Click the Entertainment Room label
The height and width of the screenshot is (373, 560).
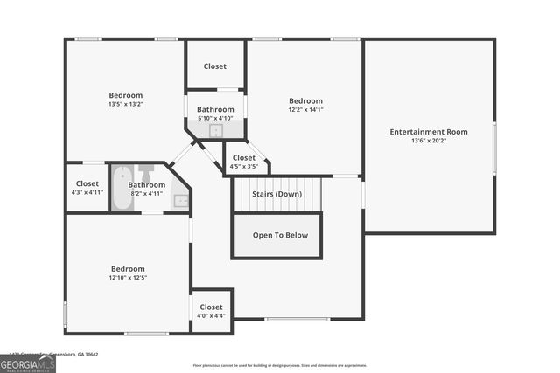(429, 132)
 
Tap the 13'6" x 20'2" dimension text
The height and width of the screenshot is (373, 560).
(429, 141)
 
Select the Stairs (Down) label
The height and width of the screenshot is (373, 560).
(276, 194)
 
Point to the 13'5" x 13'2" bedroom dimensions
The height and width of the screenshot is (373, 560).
(126, 104)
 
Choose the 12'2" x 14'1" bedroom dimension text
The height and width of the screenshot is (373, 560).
(306, 109)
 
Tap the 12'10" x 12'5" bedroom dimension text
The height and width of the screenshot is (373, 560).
(128, 278)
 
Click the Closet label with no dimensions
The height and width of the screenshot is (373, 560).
(215, 66)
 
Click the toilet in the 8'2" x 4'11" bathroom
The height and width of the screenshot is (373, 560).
(147, 169)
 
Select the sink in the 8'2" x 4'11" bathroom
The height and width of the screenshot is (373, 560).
(181, 200)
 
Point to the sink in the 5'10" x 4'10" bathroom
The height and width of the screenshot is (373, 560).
(215, 131)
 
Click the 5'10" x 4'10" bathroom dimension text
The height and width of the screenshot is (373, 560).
(214, 118)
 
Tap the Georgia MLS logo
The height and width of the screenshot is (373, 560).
(27, 362)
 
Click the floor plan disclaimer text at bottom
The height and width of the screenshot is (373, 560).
(280, 365)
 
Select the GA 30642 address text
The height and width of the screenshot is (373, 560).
(85, 355)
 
